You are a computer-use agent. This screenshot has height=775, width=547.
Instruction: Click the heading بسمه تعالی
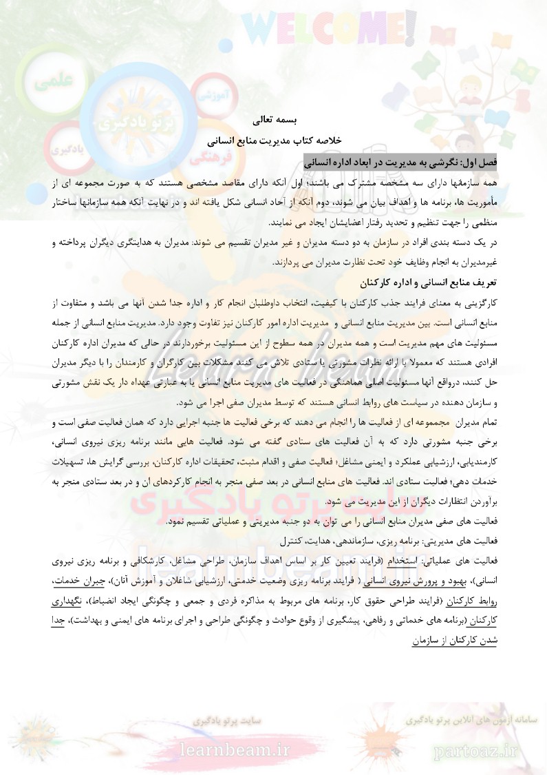tap(274, 120)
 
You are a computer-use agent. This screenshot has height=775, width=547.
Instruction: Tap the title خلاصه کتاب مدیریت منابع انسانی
tap(274, 141)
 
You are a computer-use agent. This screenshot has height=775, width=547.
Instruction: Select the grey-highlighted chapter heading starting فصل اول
tap(400, 163)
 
